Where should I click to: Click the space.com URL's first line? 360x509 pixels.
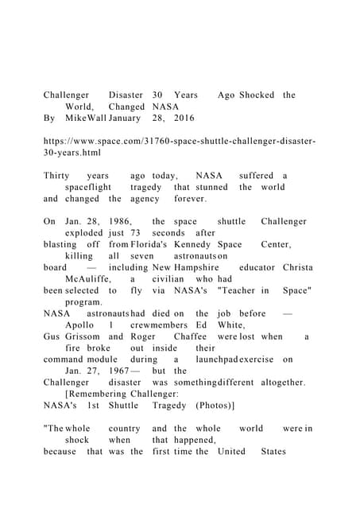coord(179,141)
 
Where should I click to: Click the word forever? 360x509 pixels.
coord(190,199)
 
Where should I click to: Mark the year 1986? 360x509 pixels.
coord(114,221)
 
